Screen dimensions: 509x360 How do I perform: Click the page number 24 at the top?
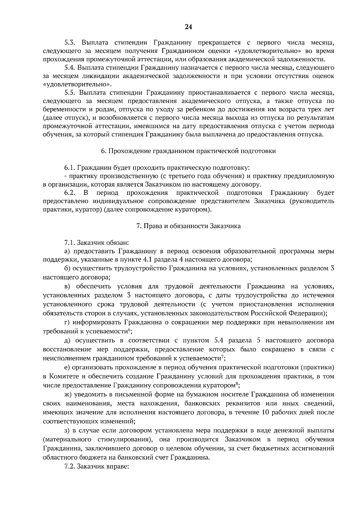coord(188,27)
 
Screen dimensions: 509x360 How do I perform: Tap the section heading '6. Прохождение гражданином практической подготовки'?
coord(188,151)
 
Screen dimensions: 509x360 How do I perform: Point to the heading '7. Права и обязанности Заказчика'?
coord(188,226)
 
